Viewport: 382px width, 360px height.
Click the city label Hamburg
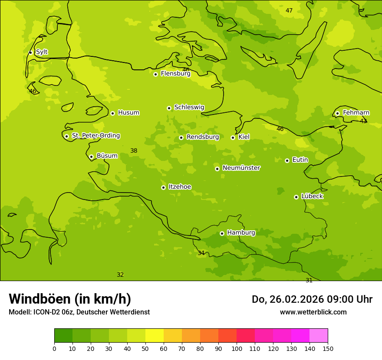tap(241, 233)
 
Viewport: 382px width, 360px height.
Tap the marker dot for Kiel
tap(233, 137)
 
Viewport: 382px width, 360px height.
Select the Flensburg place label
tap(175, 74)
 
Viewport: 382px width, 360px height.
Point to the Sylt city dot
tap(30, 52)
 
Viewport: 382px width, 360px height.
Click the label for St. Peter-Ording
tap(95, 136)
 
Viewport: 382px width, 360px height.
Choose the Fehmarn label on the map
tap(356, 113)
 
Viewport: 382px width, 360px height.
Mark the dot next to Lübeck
tap(296, 197)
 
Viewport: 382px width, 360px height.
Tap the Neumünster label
tap(241, 168)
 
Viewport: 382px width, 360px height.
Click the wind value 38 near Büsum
tap(134, 151)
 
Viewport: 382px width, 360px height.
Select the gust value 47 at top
tap(289, 11)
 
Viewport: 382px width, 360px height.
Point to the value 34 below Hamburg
tap(201, 253)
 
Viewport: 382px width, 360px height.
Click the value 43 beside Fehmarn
tap(363, 121)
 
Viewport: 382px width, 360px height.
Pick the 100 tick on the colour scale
tap(237, 349)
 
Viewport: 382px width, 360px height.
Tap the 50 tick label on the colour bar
tap(145, 349)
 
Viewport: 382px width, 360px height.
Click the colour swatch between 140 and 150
tap(319, 336)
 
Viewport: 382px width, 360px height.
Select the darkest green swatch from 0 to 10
tap(63, 336)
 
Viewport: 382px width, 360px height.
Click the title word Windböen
tap(39, 299)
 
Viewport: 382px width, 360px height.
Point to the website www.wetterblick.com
tap(313, 312)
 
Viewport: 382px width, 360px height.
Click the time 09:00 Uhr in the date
tap(343, 299)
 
